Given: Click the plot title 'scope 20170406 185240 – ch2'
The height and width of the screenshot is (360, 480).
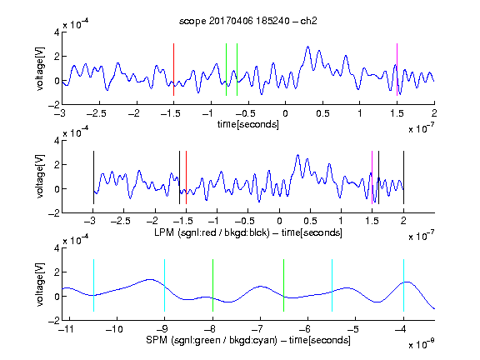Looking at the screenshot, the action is [248, 21].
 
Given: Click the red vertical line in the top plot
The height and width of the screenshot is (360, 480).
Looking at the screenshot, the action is [173, 69].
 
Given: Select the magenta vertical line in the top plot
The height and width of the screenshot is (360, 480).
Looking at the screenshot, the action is [397, 69].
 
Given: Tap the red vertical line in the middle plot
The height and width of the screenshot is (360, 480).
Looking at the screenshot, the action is [186, 177].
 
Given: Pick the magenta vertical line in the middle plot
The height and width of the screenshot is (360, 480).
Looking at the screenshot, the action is [372, 177].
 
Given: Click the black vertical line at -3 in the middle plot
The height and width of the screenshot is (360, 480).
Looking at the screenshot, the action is [93, 177].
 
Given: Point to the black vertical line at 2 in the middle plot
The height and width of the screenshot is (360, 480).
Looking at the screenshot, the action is [403, 177].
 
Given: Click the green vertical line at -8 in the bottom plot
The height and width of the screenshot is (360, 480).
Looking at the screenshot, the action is [212, 285].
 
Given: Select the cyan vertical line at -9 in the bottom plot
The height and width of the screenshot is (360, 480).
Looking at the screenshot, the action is [164, 285].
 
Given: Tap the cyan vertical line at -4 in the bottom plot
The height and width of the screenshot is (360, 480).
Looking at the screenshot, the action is [403, 285].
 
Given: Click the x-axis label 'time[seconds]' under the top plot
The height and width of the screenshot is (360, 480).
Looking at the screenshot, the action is [248, 124].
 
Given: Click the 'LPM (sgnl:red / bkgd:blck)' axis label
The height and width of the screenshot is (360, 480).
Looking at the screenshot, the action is [212, 232].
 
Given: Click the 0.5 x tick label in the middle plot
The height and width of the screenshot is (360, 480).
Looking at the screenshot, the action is [310, 221].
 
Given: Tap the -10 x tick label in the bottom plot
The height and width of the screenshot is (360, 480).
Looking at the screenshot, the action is [114, 329].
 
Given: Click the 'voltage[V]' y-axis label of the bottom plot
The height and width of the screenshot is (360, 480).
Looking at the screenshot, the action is [40, 284].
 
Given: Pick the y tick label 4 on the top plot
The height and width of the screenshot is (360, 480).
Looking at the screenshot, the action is [57, 32].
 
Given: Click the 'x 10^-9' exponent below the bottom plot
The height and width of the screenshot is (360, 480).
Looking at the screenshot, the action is [421, 344].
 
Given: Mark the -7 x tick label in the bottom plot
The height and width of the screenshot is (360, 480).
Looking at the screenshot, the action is [260, 329].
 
